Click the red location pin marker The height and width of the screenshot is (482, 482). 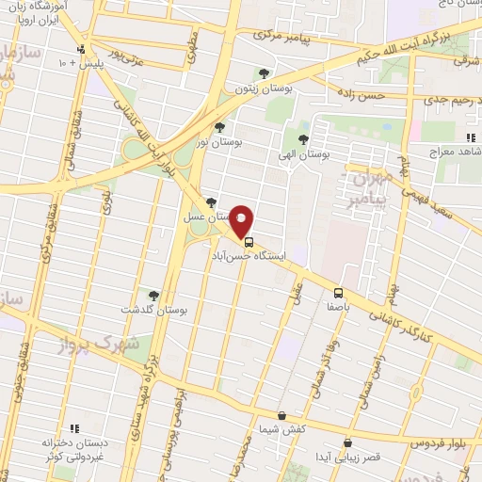pos(242,221)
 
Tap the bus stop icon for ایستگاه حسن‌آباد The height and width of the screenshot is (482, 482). pos(249,241)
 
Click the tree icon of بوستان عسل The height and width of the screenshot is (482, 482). pos(211,202)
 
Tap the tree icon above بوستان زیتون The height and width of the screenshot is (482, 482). pos(265,74)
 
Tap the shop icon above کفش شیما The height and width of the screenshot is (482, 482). pos(281,414)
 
